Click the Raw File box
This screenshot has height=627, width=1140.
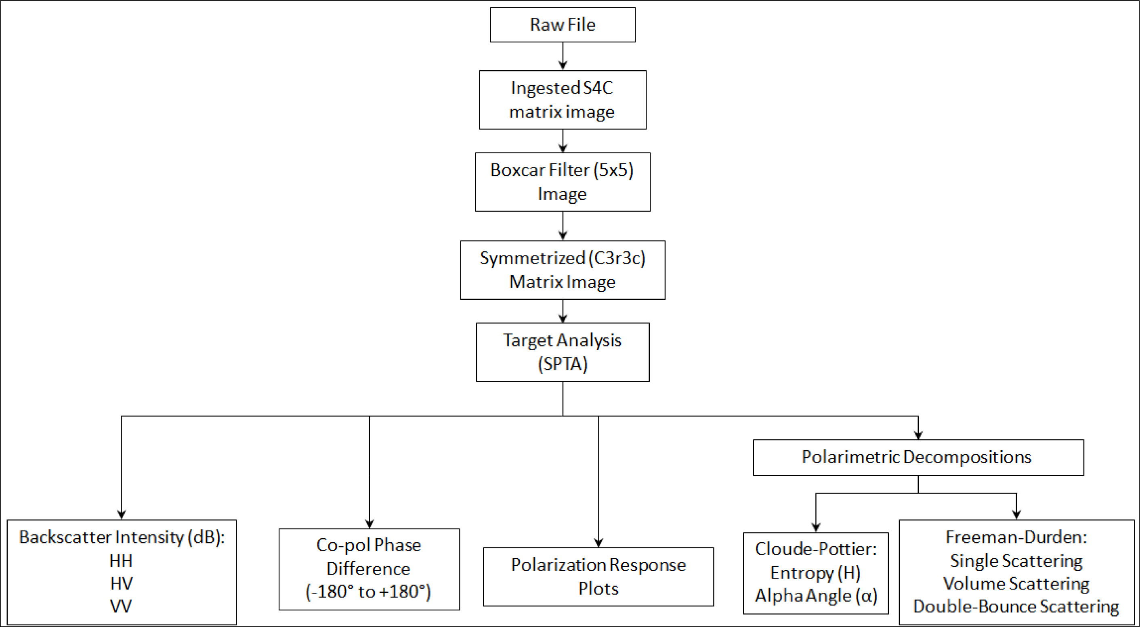563,25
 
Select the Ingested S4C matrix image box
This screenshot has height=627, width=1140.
563,100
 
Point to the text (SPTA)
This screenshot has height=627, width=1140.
563,364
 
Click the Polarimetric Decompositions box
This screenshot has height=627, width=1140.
918,457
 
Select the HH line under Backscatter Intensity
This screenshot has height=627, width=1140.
121,561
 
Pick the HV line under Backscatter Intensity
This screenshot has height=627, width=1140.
121,584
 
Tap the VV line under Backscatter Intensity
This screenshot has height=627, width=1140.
121,606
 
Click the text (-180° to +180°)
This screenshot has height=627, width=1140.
368,592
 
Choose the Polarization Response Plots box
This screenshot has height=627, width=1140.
598,577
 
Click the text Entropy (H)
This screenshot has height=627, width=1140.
815,573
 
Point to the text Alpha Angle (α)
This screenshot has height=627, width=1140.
816,596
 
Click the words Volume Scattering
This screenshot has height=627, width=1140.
1016,584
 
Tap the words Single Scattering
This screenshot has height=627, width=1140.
1016,561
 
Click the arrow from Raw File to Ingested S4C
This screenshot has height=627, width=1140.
563,56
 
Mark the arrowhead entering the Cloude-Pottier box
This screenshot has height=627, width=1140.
816,527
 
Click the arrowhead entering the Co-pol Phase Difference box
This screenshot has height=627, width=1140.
369,524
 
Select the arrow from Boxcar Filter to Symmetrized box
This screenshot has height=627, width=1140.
563,226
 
